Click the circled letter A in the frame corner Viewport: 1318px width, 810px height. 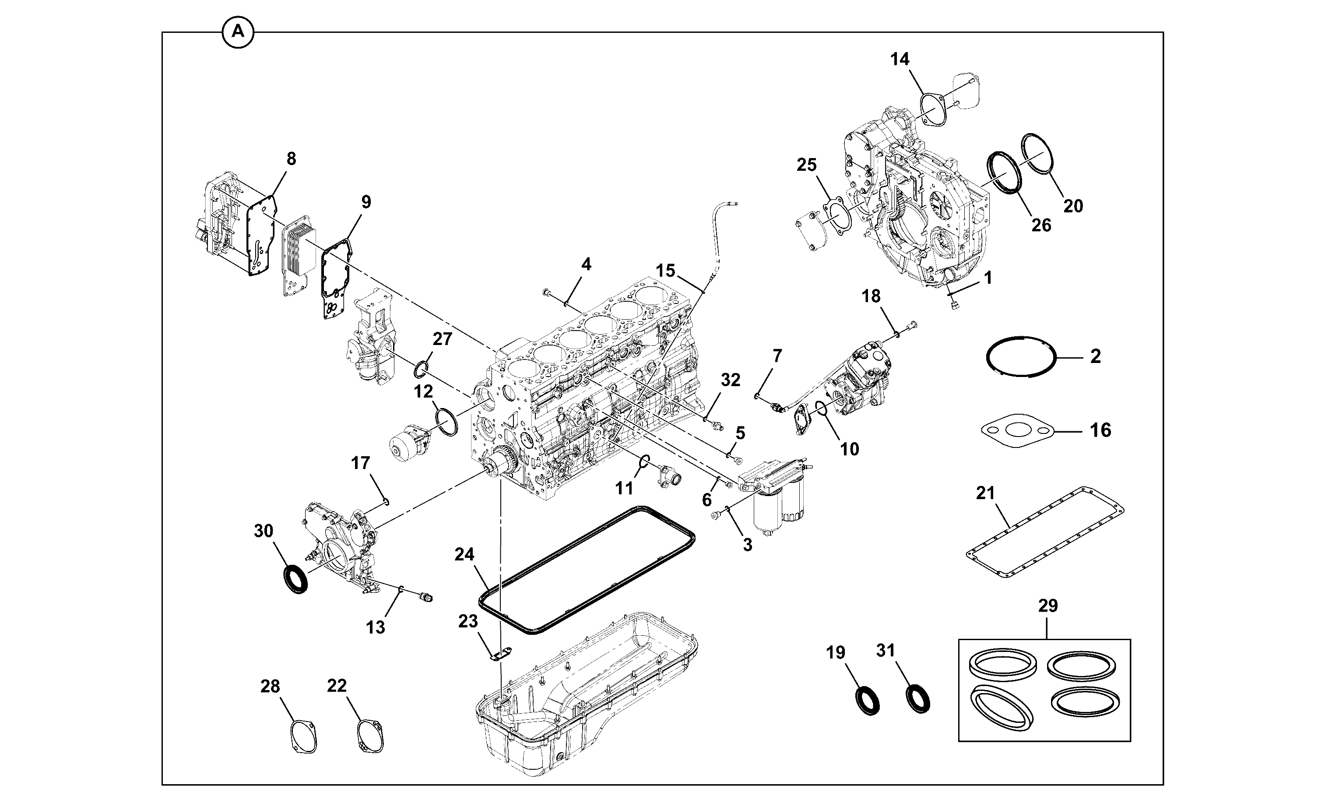[237, 32]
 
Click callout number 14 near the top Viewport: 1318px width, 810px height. [900, 60]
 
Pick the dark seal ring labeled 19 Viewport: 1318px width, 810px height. [866, 701]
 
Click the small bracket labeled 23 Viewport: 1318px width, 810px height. [501, 655]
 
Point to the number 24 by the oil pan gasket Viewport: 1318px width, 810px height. [464, 554]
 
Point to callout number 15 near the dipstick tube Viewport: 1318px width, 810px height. [666, 271]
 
